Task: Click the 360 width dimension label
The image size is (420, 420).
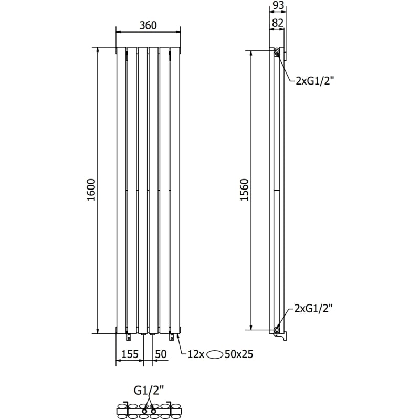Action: (148, 25)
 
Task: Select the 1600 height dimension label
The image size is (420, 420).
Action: (91, 190)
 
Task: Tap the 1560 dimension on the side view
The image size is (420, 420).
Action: (244, 190)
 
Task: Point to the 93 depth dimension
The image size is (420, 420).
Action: (278, 6)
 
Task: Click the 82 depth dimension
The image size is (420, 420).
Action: (278, 23)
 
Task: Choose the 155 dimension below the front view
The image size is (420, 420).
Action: (130, 354)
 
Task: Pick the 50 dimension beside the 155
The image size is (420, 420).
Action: (161, 354)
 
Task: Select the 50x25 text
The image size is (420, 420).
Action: (239, 354)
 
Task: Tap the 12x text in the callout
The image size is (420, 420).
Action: (196, 354)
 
